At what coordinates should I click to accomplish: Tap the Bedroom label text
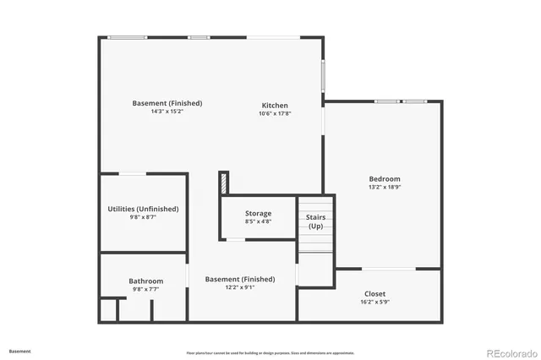[x=385, y=178]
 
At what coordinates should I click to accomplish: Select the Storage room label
[x=258, y=213]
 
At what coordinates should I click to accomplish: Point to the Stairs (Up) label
[x=315, y=221]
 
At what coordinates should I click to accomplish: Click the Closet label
[x=374, y=293]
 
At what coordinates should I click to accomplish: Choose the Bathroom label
[x=145, y=281]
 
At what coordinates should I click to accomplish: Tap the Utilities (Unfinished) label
[x=143, y=209]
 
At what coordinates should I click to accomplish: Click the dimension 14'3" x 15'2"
[x=167, y=112]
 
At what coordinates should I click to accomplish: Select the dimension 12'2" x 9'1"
[x=239, y=287]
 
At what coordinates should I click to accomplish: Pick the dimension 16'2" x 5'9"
[x=374, y=302]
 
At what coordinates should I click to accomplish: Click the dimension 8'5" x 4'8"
[x=258, y=221]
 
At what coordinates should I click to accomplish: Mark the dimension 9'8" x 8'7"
[x=143, y=217]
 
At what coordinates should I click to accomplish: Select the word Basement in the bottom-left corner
[x=19, y=351]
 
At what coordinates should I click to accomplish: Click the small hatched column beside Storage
[x=224, y=182]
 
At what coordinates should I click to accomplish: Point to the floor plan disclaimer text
[x=270, y=352]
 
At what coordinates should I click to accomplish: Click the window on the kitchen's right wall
[x=322, y=76]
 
